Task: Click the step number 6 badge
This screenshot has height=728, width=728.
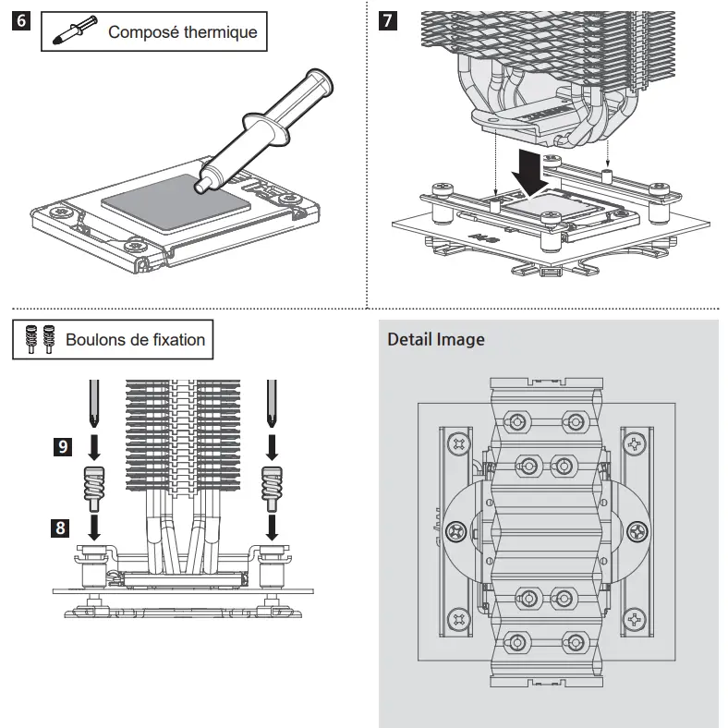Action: tap(21, 21)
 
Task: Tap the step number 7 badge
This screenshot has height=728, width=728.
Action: tap(388, 21)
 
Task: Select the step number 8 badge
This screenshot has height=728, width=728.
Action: tap(60, 528)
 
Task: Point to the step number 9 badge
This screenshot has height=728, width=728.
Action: tap(63, 446)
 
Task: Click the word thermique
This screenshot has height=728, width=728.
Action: tap(220, 32)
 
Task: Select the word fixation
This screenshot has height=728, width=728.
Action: tap(179, 340)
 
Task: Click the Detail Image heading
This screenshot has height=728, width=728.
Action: tap(436, 339)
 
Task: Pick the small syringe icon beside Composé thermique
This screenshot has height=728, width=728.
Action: tap(75, 30)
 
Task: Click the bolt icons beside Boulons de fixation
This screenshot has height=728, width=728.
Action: tap(40, 339)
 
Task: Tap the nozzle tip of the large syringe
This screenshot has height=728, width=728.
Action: tap(200, 186)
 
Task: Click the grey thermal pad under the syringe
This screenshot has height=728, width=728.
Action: tap(176, 200)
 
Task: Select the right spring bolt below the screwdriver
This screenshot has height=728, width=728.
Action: tap(272, 489)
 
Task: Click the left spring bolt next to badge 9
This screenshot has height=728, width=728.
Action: tap(94, 489)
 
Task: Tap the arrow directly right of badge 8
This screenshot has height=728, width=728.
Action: tap(94, 527)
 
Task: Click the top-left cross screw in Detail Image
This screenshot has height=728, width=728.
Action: tap(459, 444)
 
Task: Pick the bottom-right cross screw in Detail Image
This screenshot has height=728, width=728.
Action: tap(634, 619)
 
